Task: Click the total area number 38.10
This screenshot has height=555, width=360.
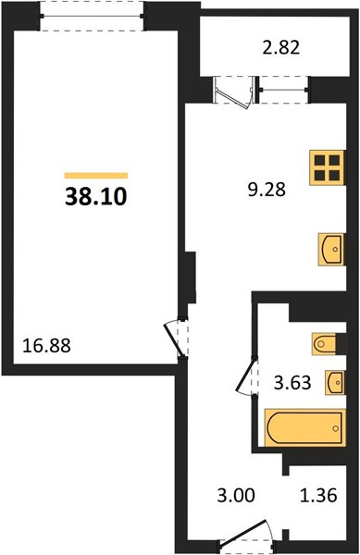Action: tap(96, 196)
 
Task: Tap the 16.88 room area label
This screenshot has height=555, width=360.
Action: tap(46, 345)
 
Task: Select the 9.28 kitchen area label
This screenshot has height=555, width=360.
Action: tap(267, 190)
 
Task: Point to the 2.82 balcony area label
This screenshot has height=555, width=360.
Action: tap(281, 47)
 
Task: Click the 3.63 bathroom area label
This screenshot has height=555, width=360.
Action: tap(292, 382)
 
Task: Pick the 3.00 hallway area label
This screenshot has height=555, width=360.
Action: tap(236, 495)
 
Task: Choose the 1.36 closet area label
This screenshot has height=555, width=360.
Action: tap(318, 495)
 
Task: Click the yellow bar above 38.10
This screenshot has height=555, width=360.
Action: tap(96, 176)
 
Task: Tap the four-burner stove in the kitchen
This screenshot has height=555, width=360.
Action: tap(327, 167)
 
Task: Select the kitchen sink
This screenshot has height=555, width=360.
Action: tap(331, 249)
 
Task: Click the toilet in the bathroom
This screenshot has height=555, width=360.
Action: tap(324, 343)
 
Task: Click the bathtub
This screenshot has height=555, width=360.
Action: tap(305, 427)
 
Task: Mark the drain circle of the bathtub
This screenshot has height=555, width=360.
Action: tap(335, 428)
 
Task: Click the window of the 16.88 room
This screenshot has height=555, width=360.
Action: tap(92, 16)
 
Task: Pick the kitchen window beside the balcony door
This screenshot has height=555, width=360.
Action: tap(282, 90)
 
